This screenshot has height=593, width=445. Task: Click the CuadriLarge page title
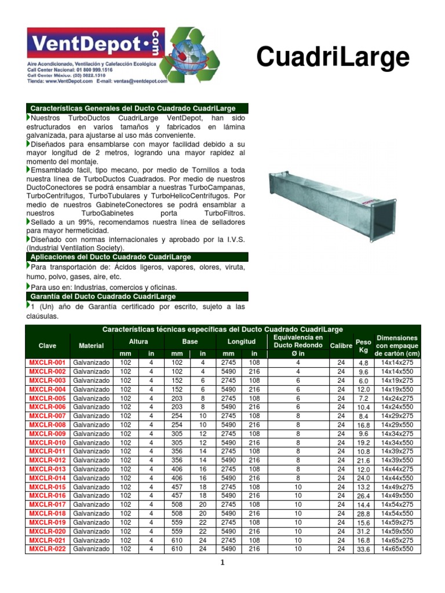[333, 58]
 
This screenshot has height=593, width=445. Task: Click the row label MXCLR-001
[48, 363]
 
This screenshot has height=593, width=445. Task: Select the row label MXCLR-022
[48, 548]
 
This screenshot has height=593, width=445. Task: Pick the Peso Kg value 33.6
[363, 550]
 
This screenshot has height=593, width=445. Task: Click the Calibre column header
[341, 345]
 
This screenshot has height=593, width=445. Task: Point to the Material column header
[91, 346]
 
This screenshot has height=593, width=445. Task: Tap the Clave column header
[48, 346]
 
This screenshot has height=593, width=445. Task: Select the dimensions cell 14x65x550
[397, 548]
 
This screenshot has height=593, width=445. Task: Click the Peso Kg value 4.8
[363, 364]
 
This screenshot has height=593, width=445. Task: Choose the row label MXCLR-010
[48, 442]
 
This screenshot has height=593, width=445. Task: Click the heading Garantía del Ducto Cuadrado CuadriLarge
[103, 296]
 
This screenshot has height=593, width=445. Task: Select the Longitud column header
[241, 342]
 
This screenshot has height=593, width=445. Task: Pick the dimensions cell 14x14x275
[397, 363]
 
